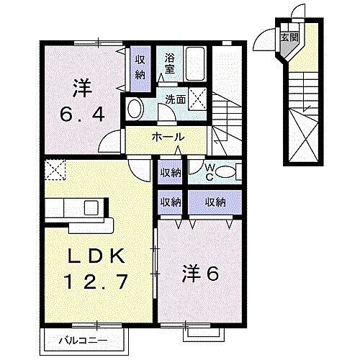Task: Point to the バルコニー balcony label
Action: tap(73, 338)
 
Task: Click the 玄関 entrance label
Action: tap(288, 37)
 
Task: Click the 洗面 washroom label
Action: tap(176, 99)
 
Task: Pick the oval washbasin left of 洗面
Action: tap(135, 109)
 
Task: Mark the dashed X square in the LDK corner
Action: tap(55, 169)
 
